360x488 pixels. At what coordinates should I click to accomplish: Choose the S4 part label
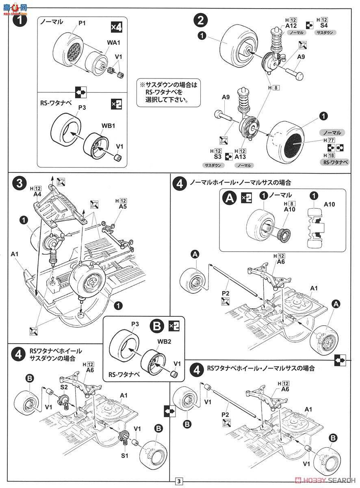coord(323,25)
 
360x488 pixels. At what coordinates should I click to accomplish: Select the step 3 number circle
coord(18,184)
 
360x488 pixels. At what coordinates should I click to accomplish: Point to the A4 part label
coord(37,194)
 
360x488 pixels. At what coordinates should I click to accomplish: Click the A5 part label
coord(123,207)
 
